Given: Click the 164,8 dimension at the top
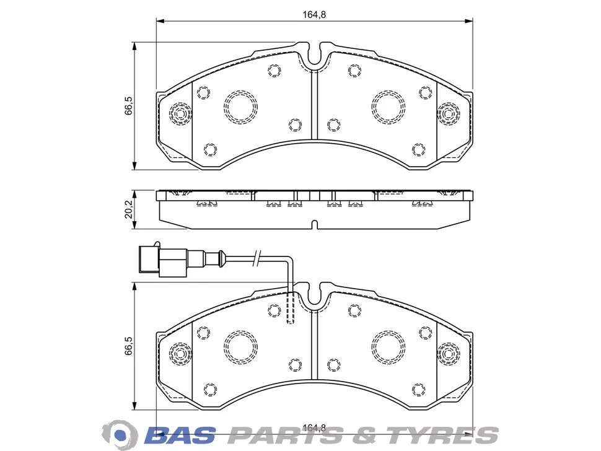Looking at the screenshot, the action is point(314,15).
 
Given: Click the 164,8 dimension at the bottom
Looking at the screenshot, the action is point(314,427).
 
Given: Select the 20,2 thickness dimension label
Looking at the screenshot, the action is point(129,209).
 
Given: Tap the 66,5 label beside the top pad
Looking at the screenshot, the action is point(129,105).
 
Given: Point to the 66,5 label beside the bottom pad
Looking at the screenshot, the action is point(129,346).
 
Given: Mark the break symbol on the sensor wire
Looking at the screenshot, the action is point(257,258).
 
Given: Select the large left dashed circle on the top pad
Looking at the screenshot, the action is point(240,107).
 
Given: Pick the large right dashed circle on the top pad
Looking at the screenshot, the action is point(388,107).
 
